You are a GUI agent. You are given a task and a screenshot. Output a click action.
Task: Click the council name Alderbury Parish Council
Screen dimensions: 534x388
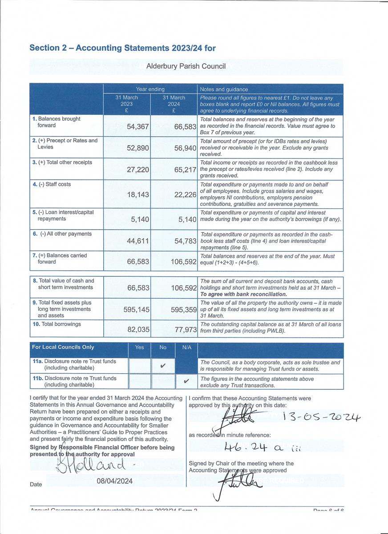[186, 66]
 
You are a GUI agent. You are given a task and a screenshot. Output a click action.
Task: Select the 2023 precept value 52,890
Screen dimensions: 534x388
[138, 148]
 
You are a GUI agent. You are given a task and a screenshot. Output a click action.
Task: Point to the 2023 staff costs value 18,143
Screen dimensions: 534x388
[138, 194]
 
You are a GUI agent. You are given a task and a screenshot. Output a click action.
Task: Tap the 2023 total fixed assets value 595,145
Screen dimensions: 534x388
[136, 310]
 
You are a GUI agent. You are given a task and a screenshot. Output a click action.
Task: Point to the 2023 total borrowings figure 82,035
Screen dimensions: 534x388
[138, 330]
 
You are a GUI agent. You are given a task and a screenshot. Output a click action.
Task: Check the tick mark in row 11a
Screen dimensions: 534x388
[162, 366]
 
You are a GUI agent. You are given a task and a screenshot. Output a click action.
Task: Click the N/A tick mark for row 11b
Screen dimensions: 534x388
[186, 381]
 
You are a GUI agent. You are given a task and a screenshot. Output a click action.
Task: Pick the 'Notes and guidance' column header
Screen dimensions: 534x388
[224, 89]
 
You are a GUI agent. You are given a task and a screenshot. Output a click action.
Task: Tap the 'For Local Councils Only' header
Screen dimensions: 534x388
[63, 347]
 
